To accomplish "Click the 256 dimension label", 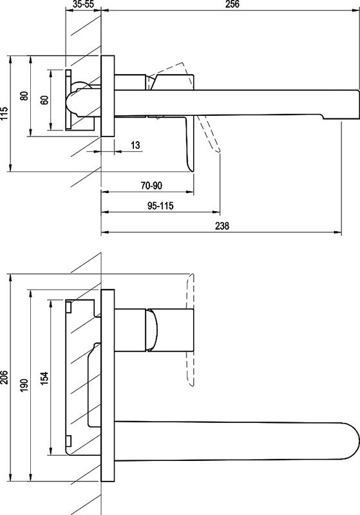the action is pyautogui.click(x=232, y=5).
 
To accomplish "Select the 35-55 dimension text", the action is pyautogui.click(x=84, y=5).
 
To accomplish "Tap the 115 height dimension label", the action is pyautogui.click(x=4, y=114).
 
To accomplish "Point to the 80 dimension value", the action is pyautogui.click(x=24, y=96).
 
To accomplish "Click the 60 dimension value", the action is pyautogui.click(x=44, y=100).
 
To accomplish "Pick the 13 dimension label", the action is pyautogui.click(x=135, y=145).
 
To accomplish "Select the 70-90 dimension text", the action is pyautogui.click(x=151, y=185).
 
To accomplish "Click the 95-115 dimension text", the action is pyautogui.click(x=160, y=206).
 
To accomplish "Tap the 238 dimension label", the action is pyautogui.click(x=222, y=226).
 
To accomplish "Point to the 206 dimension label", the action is pyautogui.click(x=4, y=377).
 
